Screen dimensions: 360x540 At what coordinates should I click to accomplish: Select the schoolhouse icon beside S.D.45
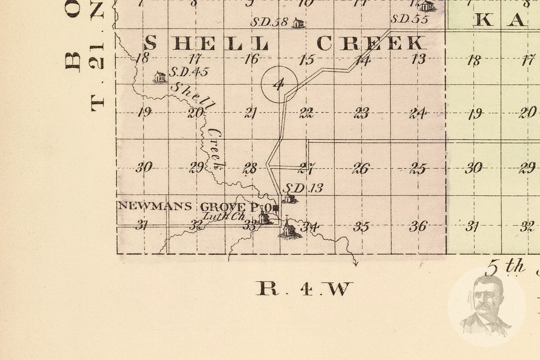point(159,77)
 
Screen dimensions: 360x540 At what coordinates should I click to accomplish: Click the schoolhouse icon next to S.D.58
point(298,23)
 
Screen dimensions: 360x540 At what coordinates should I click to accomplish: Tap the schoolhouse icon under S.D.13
point(288,198)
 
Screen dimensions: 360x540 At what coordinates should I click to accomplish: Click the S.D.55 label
point(409,19)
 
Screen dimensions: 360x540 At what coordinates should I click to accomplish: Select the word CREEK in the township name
point(370,44)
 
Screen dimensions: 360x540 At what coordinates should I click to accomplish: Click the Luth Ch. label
point(224,217)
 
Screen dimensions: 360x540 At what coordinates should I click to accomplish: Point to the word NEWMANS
point(155,206)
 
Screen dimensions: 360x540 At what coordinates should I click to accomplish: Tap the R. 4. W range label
point(304,288)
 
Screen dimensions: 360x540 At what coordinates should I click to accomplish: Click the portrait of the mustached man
point(486,306)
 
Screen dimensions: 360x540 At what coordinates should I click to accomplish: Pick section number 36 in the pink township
point(418,226)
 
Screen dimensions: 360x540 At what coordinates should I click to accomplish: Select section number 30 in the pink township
point(143,167)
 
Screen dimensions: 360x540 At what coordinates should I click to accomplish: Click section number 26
point(361,168)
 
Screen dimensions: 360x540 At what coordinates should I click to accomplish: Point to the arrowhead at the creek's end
point(356,265)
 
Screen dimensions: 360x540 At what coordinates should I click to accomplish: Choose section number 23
point(361,113)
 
